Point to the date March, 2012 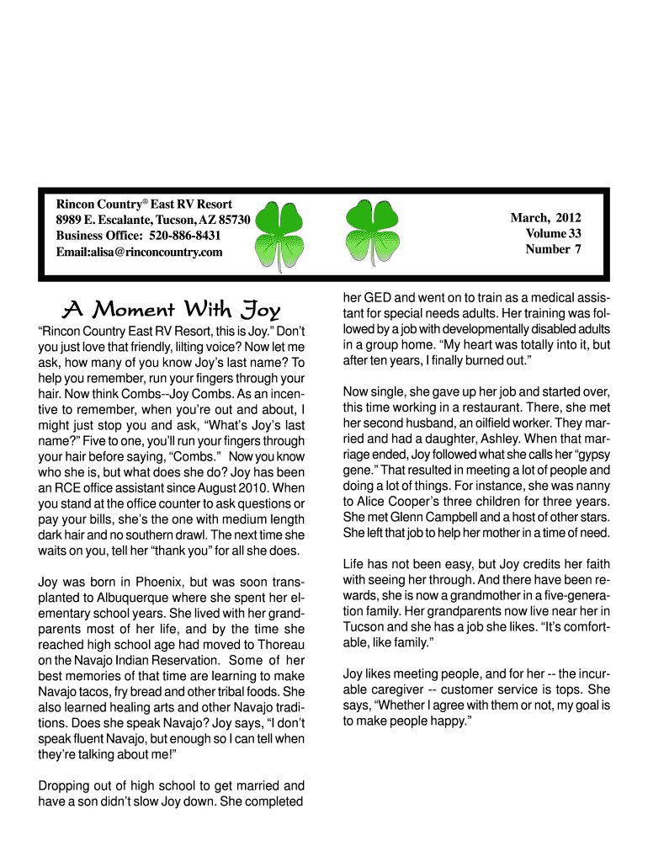coord(545,218)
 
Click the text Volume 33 coord(553,233)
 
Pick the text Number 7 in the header coord(553,248)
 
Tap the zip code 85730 coord(232,220)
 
